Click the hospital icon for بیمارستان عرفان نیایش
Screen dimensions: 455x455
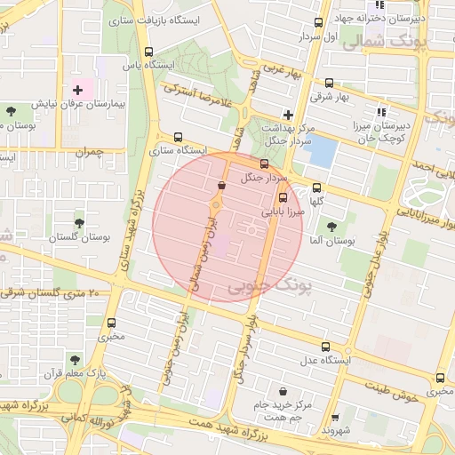78,90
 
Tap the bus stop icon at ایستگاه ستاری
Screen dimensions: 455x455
180,138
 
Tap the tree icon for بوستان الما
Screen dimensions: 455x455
332,227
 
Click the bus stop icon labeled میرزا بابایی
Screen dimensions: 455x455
283,198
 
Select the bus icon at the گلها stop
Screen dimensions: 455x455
317,188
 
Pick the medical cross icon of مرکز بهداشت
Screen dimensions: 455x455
287,114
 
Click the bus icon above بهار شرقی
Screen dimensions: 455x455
330,83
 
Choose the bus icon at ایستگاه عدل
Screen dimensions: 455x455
325,347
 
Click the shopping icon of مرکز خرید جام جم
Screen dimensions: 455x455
283,392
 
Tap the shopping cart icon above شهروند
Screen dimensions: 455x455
335,418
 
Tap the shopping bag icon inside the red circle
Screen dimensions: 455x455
220,185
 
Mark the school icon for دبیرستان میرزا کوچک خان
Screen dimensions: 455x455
382,111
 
